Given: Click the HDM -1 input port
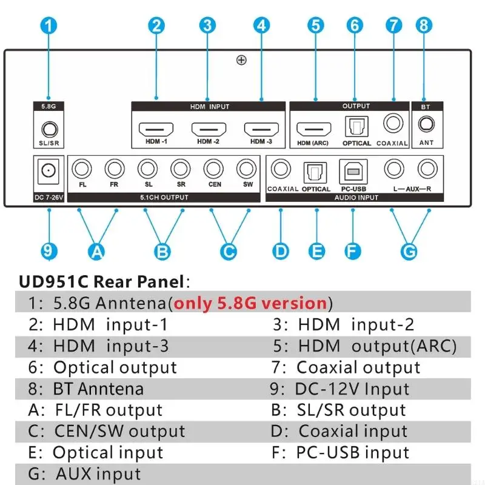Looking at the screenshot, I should coord(156,129).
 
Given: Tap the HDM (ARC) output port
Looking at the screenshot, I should coord(313,129).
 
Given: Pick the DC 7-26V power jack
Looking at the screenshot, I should coord(47,172).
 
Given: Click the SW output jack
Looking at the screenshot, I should coord(247,168).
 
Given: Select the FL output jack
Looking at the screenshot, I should coord(82,168).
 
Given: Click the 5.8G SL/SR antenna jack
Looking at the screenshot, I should coord(48,129).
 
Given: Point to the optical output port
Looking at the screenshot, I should coord(355,127).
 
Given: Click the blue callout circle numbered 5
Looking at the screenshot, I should coord(315,25).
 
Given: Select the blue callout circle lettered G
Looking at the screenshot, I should coord(410,250).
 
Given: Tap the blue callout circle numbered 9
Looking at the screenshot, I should coord(49,250).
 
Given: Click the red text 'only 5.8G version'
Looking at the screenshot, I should coord(251,303).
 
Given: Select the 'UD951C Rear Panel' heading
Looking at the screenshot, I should coord(101,281).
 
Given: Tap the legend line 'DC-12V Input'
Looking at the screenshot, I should coord(352,389).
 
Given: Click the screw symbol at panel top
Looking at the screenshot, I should coord(241,60).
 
